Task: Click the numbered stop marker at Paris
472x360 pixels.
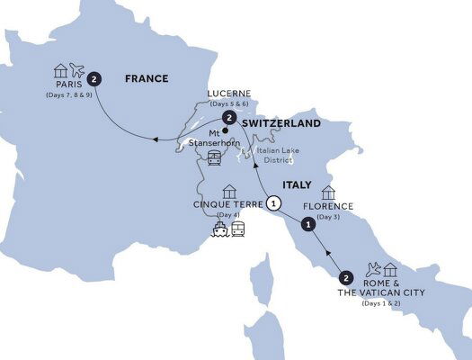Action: coord(94,78)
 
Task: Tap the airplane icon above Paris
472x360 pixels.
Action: coord(75,70)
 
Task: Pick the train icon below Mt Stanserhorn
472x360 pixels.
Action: coord(214,159)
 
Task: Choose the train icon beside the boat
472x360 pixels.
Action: coord(239,230)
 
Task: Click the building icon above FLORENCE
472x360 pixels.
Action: coord(328,192)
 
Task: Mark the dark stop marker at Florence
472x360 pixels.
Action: coord(307,225)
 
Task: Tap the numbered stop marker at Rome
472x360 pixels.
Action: coord(347,277)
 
